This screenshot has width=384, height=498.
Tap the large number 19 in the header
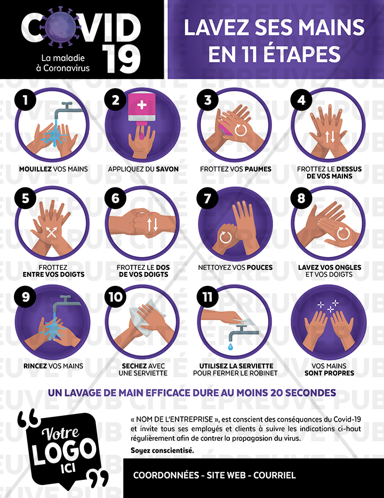coord(122,59)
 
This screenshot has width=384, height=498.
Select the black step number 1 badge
coord(25,100)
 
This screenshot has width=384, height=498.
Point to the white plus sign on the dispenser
coord(142,105)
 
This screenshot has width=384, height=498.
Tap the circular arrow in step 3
coord(239,130)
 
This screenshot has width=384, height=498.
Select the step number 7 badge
coord(207,198)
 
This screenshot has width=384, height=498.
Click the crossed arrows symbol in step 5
coord(51,232)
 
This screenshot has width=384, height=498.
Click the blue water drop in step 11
coord(230,346)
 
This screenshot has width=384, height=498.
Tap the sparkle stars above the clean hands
coord(329,306)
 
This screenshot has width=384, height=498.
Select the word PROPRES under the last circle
coord(341,373)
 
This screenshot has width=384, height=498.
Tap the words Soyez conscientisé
coord(162,450)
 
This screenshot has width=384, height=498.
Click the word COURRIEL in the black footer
coord(275,476)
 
